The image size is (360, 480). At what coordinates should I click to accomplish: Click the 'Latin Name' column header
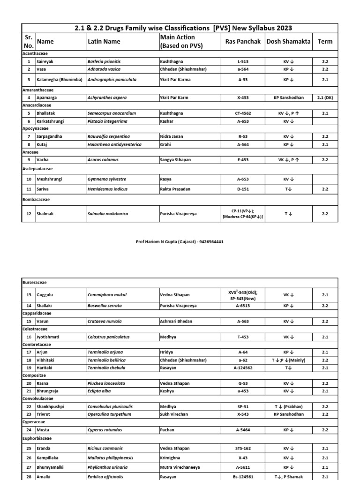(104, 42)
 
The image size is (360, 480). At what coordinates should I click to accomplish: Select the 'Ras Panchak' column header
(243, 42)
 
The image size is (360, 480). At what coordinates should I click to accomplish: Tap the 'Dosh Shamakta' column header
(288, 42)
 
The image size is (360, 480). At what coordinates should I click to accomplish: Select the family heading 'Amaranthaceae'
(38, 89)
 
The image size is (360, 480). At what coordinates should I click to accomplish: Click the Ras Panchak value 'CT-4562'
(243, 113)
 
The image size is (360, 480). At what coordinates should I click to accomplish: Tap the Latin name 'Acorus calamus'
(103, 160)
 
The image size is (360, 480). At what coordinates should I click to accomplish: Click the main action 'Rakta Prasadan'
(175, 189)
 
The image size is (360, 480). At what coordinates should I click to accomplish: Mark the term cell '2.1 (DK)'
(325, 97)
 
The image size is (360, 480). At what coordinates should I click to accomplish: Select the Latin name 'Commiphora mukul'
(107, 295)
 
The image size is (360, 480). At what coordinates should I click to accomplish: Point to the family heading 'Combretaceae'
(37, 344)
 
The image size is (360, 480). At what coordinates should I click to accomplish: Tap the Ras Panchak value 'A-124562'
(243, 368)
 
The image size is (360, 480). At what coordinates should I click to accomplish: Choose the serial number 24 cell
(29, 430)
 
